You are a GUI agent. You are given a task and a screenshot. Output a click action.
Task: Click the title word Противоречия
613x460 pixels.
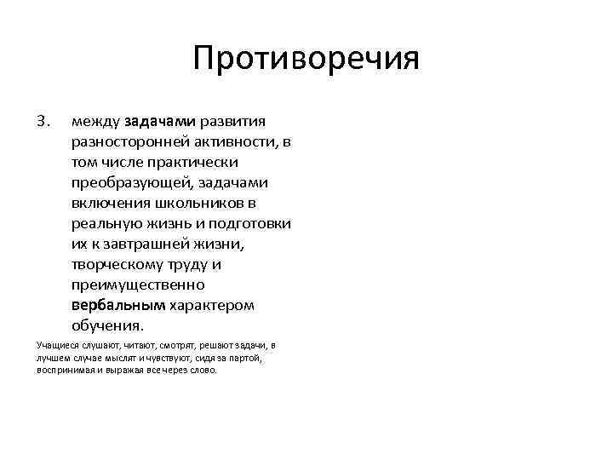click(306, 60)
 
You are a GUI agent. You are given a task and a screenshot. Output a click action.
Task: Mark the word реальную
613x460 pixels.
click(104, 223)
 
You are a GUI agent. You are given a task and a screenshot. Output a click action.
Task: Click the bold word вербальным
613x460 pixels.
click(117, 306)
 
